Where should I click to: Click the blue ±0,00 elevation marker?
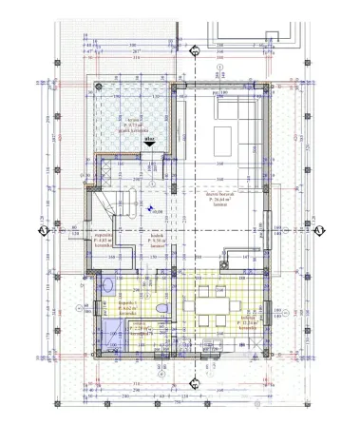tap(149, 211)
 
